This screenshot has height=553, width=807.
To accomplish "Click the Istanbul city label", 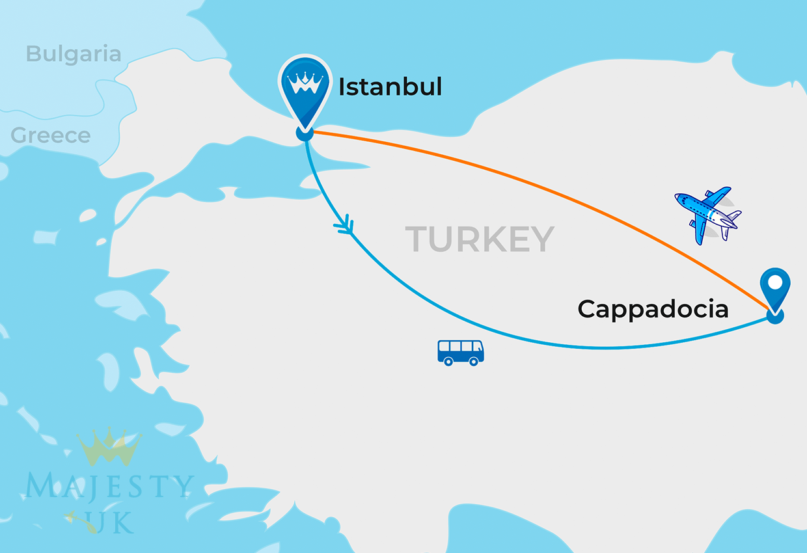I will coord(390,87).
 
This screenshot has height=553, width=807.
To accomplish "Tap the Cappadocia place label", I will coord(653,309).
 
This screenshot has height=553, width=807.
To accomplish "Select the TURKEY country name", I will coord(480,239).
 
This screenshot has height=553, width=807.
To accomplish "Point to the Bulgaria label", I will coord(74,54).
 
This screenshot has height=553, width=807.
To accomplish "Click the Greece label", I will coord(51,135).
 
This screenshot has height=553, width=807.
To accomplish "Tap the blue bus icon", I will coord(460,352).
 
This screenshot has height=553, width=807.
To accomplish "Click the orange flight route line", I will coord(553,189).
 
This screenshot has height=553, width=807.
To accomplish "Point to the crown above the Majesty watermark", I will coord(109,447).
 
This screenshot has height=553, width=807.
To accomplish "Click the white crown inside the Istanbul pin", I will coord(304,84).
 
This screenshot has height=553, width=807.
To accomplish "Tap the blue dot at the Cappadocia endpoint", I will coord(774,316).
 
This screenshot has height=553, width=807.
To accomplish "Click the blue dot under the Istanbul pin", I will coord(304,133).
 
